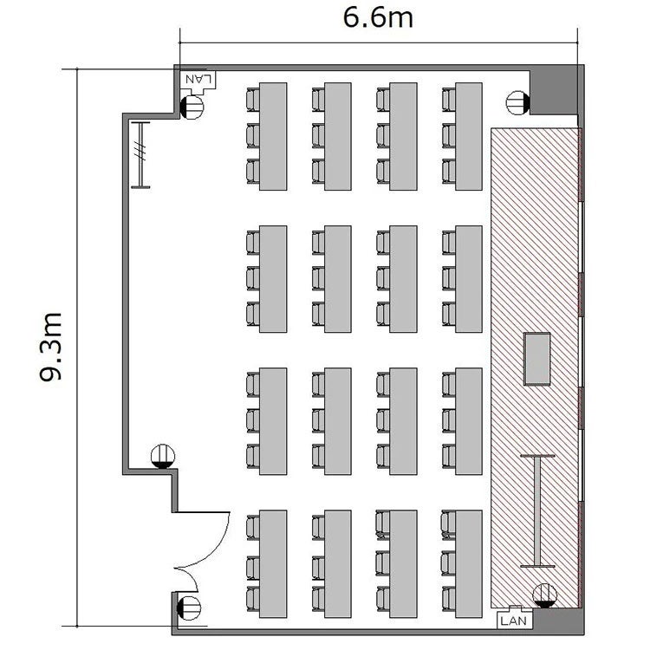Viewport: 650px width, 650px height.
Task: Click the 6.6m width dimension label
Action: tap(378, 18)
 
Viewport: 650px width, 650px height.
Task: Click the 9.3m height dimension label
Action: tap(51, 346)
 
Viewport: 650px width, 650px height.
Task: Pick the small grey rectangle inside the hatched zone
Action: tap(537, 359)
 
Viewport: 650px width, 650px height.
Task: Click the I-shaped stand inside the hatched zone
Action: tap(537, 510)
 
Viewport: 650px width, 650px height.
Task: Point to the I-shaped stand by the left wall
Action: tap(140, 155)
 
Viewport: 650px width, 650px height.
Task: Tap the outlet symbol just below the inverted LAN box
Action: tap(192, 107)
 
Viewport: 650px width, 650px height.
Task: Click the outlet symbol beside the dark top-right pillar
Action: tap(518, 102)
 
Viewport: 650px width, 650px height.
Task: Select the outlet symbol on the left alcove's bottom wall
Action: tap(163, 457)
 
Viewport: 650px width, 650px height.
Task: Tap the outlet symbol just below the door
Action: tap(189, 608)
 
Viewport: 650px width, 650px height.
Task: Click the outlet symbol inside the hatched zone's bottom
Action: tap(545, 595)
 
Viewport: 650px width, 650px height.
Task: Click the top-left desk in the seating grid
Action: tap(273, 136)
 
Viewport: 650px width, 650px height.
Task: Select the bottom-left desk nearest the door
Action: tap(273, 564)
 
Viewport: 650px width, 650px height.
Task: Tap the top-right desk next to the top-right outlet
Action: tap(469, 136)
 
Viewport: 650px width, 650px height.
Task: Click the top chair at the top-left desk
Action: tap(253, 100)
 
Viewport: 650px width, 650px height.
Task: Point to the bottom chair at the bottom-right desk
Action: tap(449, 599)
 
